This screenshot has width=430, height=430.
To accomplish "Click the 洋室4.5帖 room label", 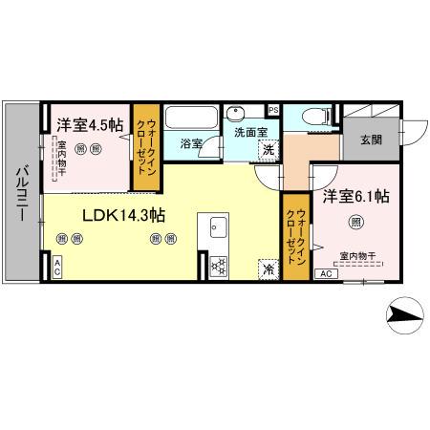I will tap(89, 124).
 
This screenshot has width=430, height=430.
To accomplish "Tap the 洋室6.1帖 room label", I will tap(354, 197).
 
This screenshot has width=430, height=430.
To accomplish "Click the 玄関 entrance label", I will tap(372, 140).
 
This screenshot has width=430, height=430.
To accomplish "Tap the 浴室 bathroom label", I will tap(191, 144).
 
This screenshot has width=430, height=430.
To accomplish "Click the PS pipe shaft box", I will tap(273, 109).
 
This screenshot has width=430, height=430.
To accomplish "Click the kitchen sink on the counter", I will tap(214, 229).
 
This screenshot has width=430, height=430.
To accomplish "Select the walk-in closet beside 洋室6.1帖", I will tap(292, 238).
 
